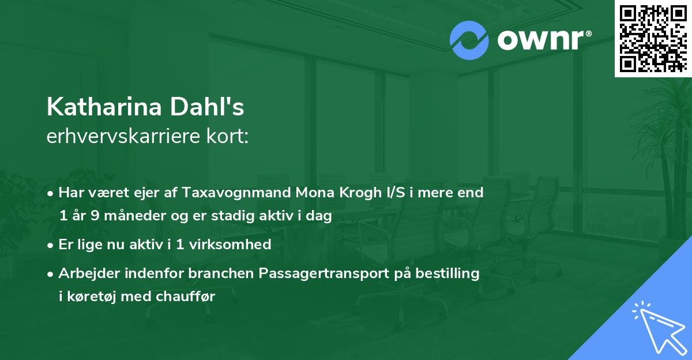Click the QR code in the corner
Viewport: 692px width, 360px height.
click(652, 37)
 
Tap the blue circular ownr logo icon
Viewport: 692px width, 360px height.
click(469, 40)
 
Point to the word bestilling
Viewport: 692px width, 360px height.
click(447, 273)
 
